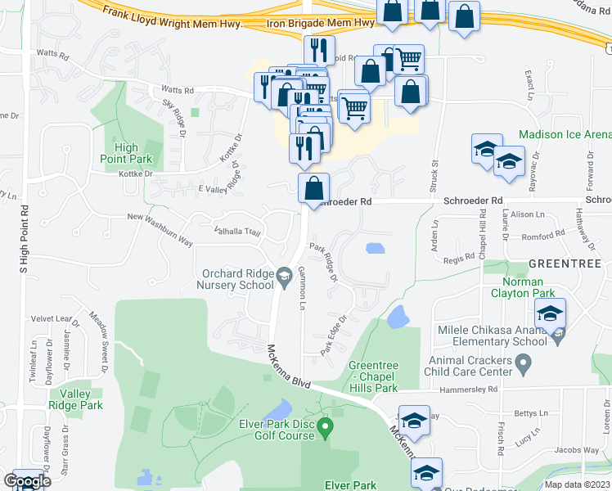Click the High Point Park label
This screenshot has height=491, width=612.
tap(127, 153)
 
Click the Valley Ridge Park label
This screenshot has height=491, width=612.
tap(80, 399)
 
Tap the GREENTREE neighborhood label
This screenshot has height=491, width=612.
tap(565, 264)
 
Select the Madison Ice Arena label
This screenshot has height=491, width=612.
tap(565, 134)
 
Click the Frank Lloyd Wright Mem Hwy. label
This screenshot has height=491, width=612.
tap(173, 18)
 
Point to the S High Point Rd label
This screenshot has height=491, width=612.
tap(24, 238)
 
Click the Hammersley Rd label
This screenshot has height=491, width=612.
tap(470, 391)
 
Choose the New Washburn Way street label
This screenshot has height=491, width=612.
tap(160, 217)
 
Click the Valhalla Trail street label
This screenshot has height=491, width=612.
tap(236, 232)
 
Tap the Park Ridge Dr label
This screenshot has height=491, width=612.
tap(323, 261)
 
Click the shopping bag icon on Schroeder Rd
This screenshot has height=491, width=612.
tap(313, 188)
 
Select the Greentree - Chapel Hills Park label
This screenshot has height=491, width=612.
tap(373, 376)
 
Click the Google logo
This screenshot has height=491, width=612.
tap(26, 481)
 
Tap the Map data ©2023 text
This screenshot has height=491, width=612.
tap(577, 484)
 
